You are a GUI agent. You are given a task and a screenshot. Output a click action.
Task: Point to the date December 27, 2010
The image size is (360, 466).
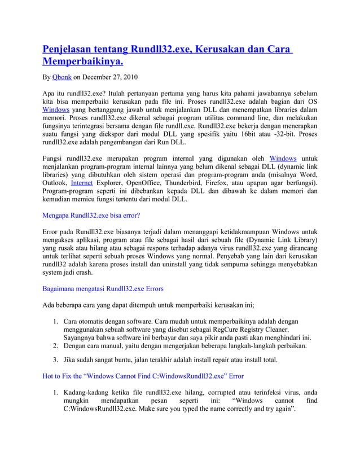(x=108, y=77)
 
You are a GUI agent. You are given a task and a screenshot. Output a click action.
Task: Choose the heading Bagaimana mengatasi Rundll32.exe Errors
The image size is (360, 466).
(x=103, y=288)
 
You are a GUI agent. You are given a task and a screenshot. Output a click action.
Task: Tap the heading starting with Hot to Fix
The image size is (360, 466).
(x=143, y=376)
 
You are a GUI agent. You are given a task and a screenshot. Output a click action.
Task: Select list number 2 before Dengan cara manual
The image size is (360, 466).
(x=55, y=346)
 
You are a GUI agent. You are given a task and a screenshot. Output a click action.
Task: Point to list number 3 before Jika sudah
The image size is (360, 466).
(x=55, y=360)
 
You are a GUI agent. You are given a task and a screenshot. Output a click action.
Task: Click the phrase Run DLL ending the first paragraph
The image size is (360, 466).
(x=161, y=144)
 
